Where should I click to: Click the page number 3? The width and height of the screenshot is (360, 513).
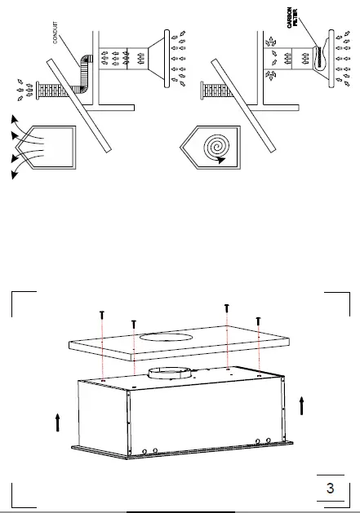click(x=330, y=489)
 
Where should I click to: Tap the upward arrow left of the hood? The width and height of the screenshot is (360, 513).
click(x=58, y=421)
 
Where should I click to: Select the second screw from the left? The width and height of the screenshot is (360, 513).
click(x=133, y=324)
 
